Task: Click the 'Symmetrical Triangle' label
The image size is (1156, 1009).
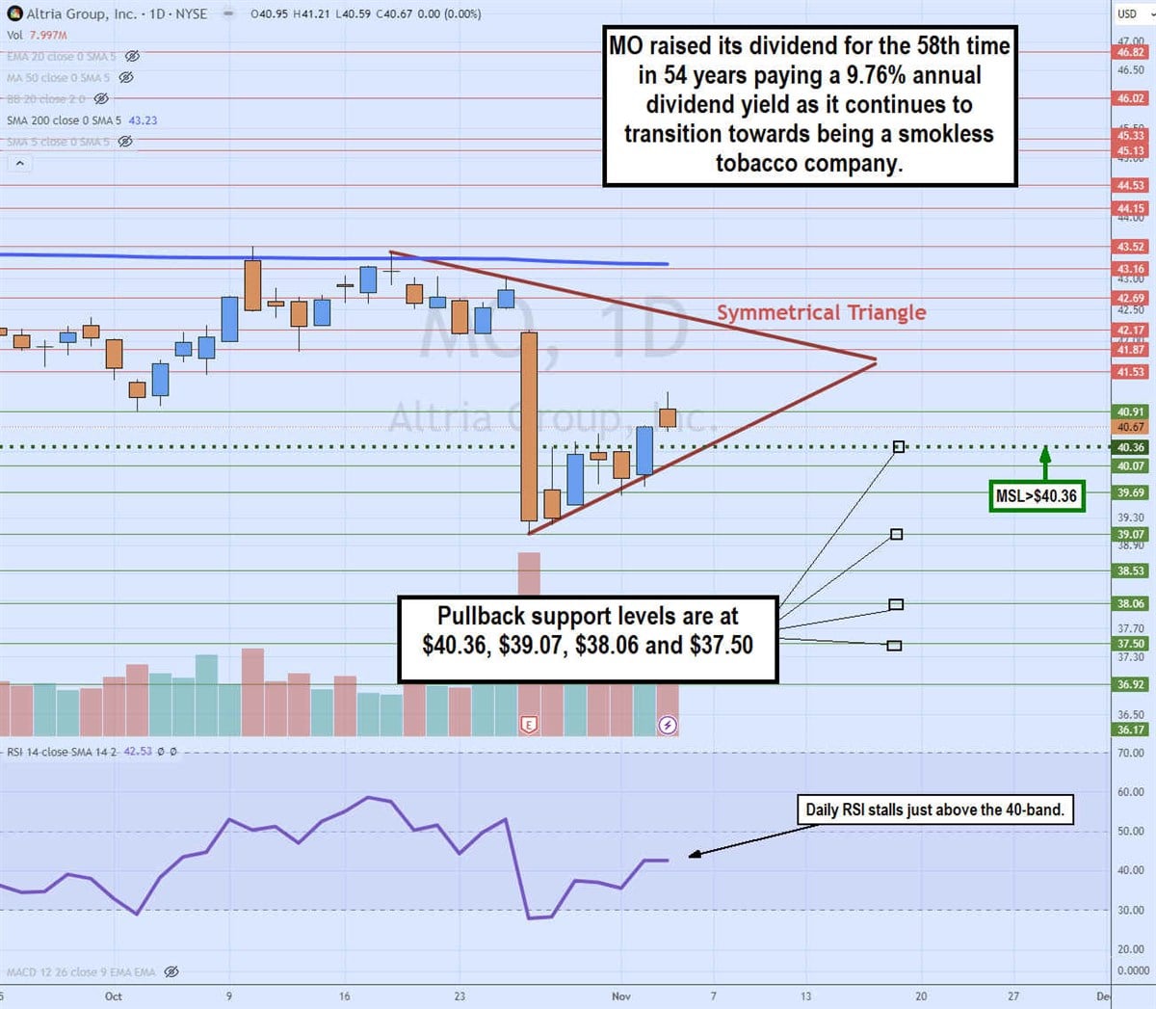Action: pos(821,312)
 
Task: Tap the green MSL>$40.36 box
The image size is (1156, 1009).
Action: pos(1037,495)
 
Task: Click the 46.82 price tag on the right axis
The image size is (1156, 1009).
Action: pos(1131,52)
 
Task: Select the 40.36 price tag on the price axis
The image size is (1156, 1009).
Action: pos(1131,447)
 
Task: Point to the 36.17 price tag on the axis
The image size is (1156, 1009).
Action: pos(1131,730)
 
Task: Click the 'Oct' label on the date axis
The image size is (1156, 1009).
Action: pos(114,996)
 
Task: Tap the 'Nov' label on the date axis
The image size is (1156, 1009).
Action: pos(621,996)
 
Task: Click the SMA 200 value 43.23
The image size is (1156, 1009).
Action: pos(143,120)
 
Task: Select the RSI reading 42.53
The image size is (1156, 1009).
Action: pos(138,752)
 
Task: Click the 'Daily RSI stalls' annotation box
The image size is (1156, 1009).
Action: pos(934,810)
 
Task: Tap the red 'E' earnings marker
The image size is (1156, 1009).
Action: pos(528,724)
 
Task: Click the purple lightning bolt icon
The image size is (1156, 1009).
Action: pos(668,724)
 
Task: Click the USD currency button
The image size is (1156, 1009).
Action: pos(1127,13)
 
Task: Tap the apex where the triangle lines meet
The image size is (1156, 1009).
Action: pos(876,360)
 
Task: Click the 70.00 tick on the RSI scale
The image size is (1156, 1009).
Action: pos(1131,753)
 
